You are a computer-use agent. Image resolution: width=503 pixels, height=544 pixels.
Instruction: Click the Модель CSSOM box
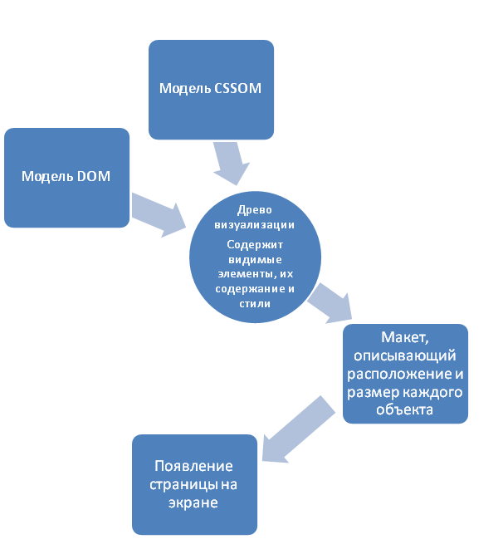coord(211,89)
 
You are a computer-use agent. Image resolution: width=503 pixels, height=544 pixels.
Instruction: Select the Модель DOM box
coord(66,177)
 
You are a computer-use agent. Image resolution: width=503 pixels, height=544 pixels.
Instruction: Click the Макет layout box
coord(406,373)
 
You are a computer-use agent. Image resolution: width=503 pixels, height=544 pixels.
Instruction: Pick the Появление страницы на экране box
coord(194,484)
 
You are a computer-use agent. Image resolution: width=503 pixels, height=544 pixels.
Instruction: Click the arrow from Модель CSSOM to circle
coord(229,162)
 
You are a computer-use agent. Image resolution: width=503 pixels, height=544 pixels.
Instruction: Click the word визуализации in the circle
coord(254,224)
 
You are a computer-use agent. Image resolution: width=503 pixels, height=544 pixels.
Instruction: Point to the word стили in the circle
coord(254,303)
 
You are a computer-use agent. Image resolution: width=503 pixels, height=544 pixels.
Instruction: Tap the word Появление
coord(192,466)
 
